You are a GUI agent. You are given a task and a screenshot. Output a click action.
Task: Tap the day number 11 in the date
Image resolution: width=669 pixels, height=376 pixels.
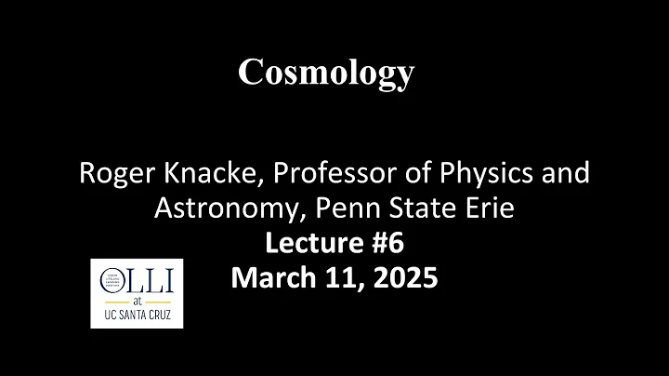tap(337, 278)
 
